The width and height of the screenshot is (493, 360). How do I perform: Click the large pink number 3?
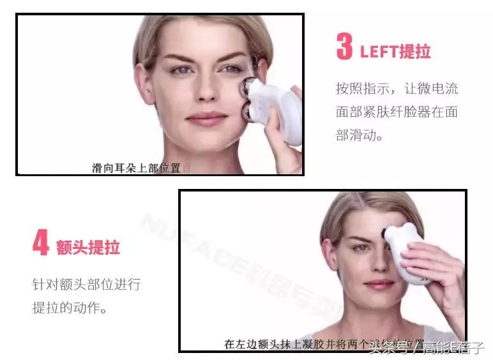344,47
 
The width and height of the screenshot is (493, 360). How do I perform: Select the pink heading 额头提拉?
88,247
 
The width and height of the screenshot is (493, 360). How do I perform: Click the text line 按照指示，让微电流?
397,88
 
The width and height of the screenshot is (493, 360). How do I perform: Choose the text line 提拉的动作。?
70,307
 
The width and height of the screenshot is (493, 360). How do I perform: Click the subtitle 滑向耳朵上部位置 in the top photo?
137,168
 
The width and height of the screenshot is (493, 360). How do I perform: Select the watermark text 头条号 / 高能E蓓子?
428,349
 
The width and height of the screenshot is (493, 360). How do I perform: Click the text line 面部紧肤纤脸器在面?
397,112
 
